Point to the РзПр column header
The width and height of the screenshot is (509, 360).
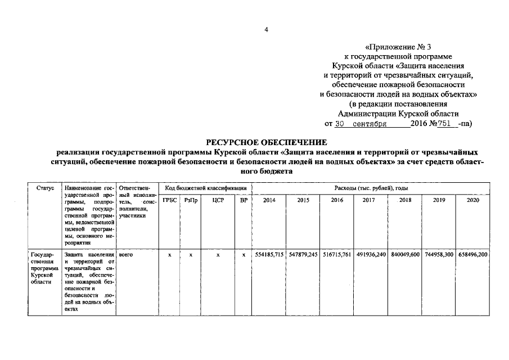tap(191, 200)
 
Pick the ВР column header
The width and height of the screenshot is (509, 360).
tap(243, 200)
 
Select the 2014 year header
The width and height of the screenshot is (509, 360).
tap(269, 200)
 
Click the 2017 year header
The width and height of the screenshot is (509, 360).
tap(368, 200)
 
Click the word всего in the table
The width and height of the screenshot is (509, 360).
tap(126, 255)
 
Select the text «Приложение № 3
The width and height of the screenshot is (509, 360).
tap(400, 47)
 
